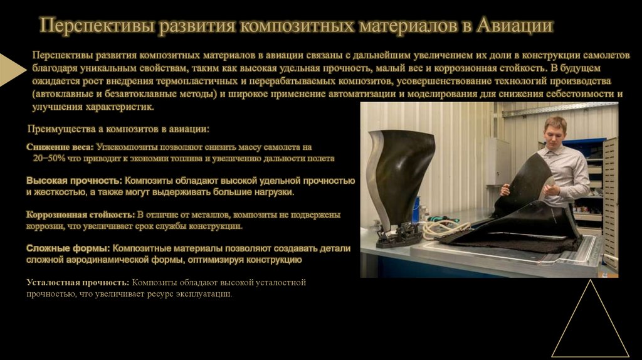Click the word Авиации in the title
tap(515, 26)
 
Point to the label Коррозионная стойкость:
tap(80, 214)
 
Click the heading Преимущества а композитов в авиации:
tap(118, 129)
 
